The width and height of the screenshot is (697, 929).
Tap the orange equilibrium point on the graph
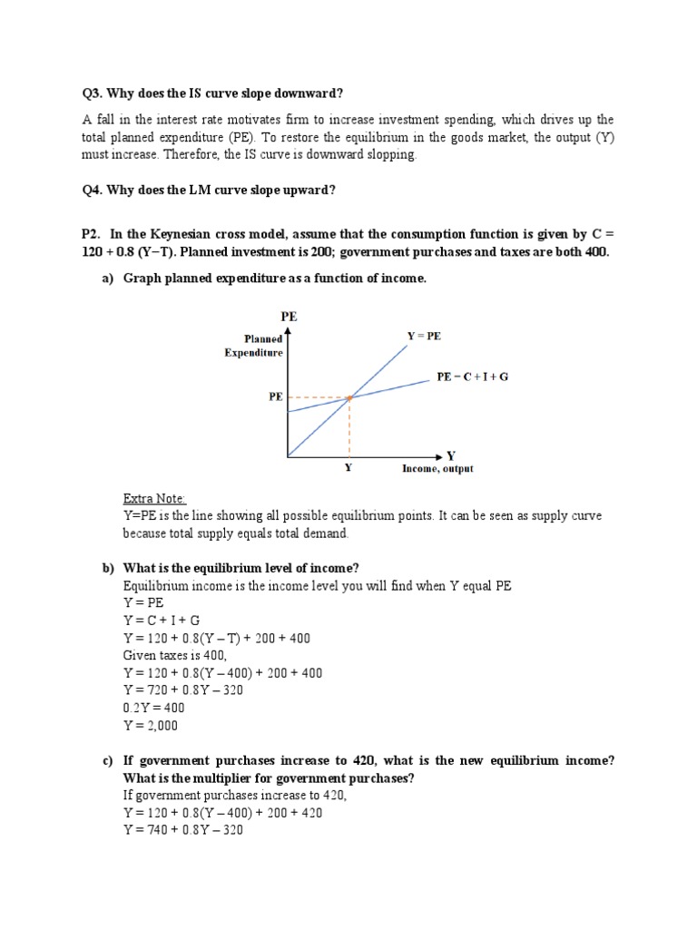pyautogui.click(x=349, y=397)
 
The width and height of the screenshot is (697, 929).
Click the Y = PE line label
pyautogui.click(x=423, y=336)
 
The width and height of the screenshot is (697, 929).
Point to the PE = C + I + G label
pyautogui.click(x=473, y=376)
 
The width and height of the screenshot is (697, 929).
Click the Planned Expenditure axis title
pyautogui.click(x=254, y=346)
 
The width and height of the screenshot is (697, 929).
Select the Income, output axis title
pyautogui.click(x=437, y=469)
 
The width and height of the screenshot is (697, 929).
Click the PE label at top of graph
pyautogui.click(x=289, y=318)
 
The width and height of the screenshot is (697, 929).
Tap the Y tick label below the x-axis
pyautogui.click(x=348, y=469)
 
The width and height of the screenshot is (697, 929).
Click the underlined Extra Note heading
pyautogui.click(x=155, y=498)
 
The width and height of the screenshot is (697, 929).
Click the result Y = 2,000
pyautogui.click(x=151, y=725)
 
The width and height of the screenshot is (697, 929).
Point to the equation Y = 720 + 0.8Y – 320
pyautogui.click(x=183, y=690)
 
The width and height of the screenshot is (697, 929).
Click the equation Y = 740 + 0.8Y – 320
pyautogui.click(x=183, y=830)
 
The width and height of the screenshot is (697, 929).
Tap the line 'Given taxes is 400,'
pyautogui.click(x=175, y=656)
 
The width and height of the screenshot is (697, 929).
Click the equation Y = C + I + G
pyautogui.click(x=162, y=621)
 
